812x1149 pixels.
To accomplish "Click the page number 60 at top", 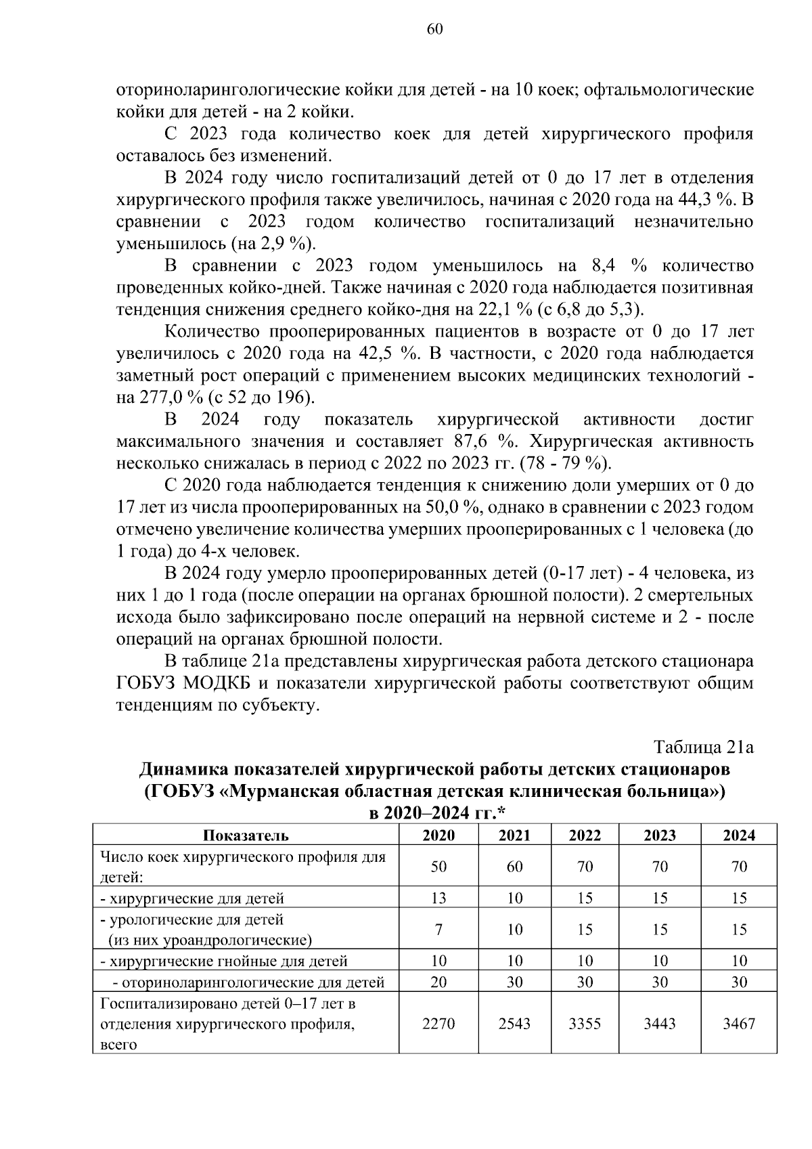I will click(435, 28).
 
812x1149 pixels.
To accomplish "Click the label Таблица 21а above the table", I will click(703, 747).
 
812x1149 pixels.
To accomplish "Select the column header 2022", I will click(585, 835).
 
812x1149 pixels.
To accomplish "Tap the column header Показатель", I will click(246, 835).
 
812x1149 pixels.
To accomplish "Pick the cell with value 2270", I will click(438, 1023).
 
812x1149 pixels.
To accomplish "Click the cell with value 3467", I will click(739, 1023).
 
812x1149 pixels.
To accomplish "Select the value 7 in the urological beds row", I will click(438, 930).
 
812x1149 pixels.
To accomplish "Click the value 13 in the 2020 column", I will click(438, 898).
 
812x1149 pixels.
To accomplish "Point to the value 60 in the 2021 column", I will click(514, 867).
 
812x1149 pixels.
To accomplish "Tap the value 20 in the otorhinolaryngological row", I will click(438, 982).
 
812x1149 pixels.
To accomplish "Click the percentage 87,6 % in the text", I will click(482, 442).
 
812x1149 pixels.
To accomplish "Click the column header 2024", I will click(739, 835).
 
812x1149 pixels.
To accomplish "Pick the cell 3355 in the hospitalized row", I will click(585, 1023).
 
